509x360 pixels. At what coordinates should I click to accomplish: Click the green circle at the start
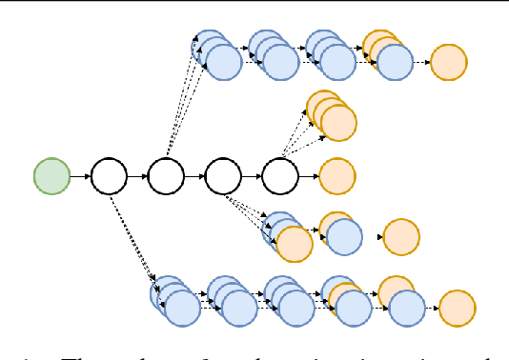click(52, 176)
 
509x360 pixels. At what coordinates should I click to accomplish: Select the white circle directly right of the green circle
click(109, 176)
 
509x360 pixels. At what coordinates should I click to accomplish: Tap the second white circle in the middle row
click(166, 176)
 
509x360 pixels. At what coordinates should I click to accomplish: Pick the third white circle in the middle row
click(223, 176)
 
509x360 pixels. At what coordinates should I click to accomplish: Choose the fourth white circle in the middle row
click(280, 176)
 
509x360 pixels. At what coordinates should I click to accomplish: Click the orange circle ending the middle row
click(337, 176)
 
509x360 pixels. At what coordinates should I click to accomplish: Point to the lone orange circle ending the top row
click(449, 63)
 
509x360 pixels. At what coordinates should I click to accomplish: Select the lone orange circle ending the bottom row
click(458, 308)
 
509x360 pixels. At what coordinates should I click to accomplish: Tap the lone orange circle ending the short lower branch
click(401, 237)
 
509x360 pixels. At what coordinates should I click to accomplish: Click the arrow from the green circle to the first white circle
click(80, 176)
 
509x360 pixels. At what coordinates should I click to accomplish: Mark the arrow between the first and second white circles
click(137, 176)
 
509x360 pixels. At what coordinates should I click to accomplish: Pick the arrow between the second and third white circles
click(194, 176)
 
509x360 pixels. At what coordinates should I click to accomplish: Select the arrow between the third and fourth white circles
click(252, 176)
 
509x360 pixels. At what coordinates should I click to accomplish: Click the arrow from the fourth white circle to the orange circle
click(309, 176)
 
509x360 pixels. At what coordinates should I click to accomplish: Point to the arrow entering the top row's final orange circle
click(421, 63)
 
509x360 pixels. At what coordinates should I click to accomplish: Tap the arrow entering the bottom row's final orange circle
click(432, 308)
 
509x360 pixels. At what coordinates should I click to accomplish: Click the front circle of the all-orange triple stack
click(338, 122)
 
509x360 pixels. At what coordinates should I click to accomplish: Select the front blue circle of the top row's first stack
click(224, 63)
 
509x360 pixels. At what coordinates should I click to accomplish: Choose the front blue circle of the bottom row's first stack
click(183, 308)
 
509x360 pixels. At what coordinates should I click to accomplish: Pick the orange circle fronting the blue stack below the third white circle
click(294, 244)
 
